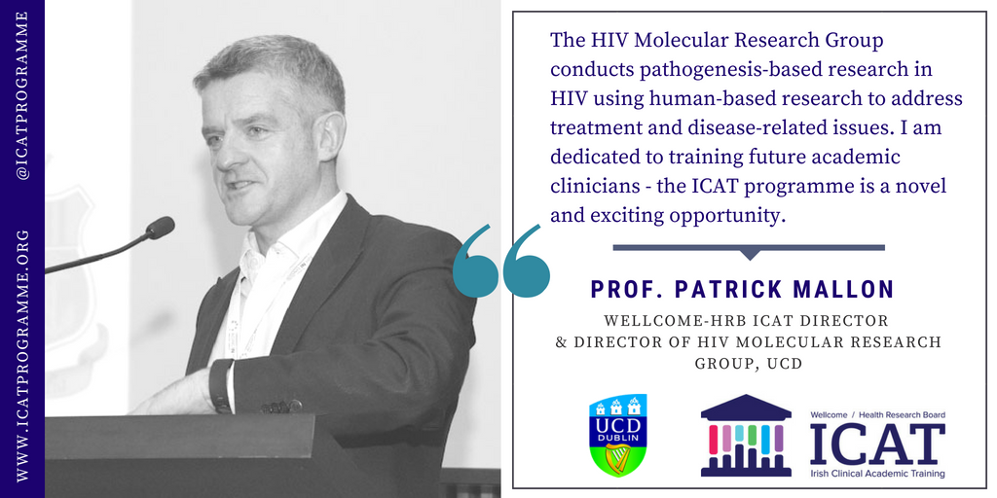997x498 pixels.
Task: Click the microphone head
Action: [160, 228]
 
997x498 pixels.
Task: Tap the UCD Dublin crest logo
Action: [618, 435]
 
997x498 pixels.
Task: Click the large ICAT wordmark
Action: [877, 444]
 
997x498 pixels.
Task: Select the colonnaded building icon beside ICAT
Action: [746, 435]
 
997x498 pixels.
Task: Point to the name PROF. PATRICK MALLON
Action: [743, 289]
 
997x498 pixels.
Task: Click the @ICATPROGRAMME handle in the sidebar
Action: [23, 94]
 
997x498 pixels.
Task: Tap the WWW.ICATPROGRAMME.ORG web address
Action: [23, 355]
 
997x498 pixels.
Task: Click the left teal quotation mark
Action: [476, 261]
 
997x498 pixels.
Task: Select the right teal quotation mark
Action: [526, 261]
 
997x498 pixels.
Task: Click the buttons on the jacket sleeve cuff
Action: [281, 406]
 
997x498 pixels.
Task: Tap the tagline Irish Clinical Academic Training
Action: [877, 474]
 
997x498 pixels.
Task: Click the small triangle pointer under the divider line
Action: [750, 255]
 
